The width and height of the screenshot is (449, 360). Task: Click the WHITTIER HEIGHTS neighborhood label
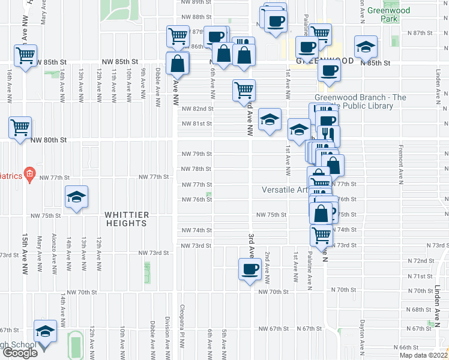click(x=126, y=218)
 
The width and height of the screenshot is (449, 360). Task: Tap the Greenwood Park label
click(x=388, y=14)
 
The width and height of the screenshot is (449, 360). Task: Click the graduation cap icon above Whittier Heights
click(x=76, y=197)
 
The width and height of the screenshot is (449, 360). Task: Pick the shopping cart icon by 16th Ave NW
click(x=25, y=55)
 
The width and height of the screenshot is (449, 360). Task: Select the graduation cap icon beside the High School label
click(x=45, y=331)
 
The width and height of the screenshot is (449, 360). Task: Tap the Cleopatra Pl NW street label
click(x=181, y=331)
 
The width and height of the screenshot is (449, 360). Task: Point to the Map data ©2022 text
click(x=424, y=355)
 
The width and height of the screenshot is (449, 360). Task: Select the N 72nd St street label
click(x=420, y=261)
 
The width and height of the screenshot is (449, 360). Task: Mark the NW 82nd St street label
click(x=198, y=109)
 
